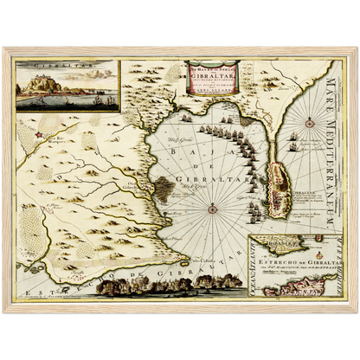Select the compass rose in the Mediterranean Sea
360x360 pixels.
pyautogui.click(x=307, y=123)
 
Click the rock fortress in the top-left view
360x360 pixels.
pyautogui.click(x=39, y=83)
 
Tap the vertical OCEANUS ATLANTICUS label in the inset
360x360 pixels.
pyautogui.click(x=253, y=264)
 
